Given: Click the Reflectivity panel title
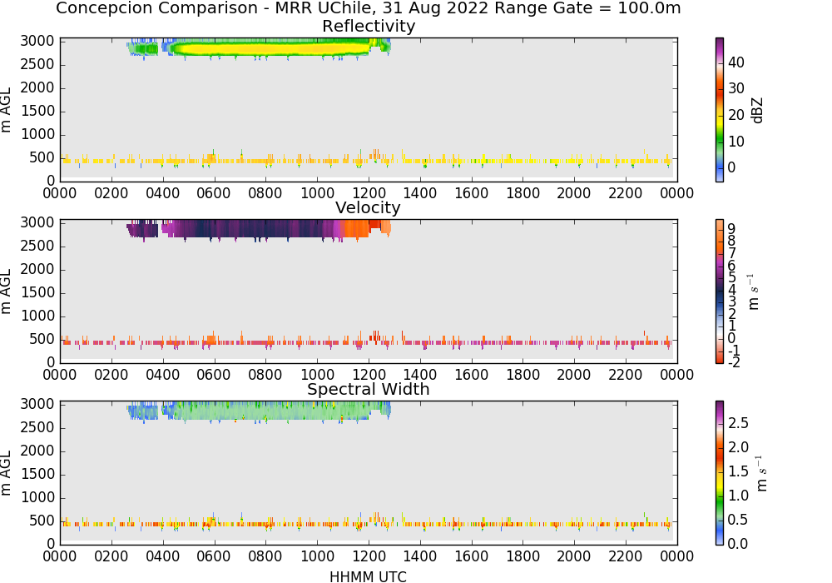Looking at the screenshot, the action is (x=369, y=26).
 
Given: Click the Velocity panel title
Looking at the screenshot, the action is (x=368, y=207).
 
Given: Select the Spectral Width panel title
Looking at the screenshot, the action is (x=369, y=389).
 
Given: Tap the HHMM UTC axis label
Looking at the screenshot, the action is (x=368, y=576).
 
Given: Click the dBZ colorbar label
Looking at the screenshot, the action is (x=757, y=111).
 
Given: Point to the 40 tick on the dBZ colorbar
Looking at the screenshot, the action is (x=736, y=62).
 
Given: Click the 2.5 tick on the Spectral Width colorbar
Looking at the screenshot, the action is (x=738, y=423).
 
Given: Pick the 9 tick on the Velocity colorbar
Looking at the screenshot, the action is (x=731, y=229).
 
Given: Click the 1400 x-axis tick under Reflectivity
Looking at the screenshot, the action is (x=419, y=193).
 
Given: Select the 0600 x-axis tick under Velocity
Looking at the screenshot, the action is (x=214, y=375).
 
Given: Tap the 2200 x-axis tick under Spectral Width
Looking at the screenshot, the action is (x=625, y=556).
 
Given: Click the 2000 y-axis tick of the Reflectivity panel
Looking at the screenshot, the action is (x=37, y=87).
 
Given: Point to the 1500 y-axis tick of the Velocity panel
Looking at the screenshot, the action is (x=37, y=292).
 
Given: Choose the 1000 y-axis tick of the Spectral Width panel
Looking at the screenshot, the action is (x=37, y=497).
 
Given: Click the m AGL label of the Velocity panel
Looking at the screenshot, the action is (x=6, y=291).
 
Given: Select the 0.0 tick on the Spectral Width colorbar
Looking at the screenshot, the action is (x=738, y=544).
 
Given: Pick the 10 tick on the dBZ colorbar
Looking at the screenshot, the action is (x=736, y=142).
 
